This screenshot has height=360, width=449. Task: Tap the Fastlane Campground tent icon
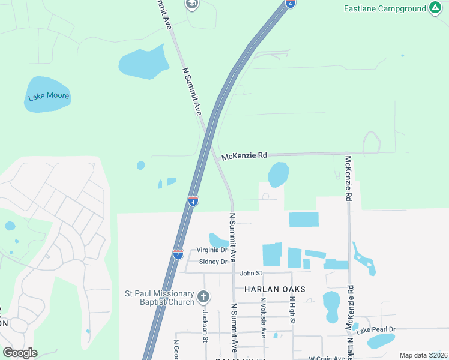pos(435,8)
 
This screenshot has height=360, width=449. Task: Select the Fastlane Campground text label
pos(384,9)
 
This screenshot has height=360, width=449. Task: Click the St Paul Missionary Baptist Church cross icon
pos(204,296)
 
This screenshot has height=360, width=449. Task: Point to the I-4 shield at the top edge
pos(291,4)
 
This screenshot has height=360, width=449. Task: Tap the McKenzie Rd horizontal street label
pos(244,156)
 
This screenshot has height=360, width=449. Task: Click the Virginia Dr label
pos(212,250)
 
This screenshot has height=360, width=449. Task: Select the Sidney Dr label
pos(213,262)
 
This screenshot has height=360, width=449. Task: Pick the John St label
pos(252,273)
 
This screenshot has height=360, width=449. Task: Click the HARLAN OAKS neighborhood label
pos(274,289)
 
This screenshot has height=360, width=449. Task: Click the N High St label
pos(292,311)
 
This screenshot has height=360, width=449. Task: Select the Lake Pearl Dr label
pos(376,330)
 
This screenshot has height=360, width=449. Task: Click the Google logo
pos(20,353)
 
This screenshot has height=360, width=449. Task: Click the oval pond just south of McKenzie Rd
pos(278,175)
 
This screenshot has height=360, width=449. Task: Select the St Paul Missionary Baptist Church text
pos(159,298)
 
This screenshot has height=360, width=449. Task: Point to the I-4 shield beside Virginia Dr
pos(178,254)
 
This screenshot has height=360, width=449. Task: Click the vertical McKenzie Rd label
pos(348,178)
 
